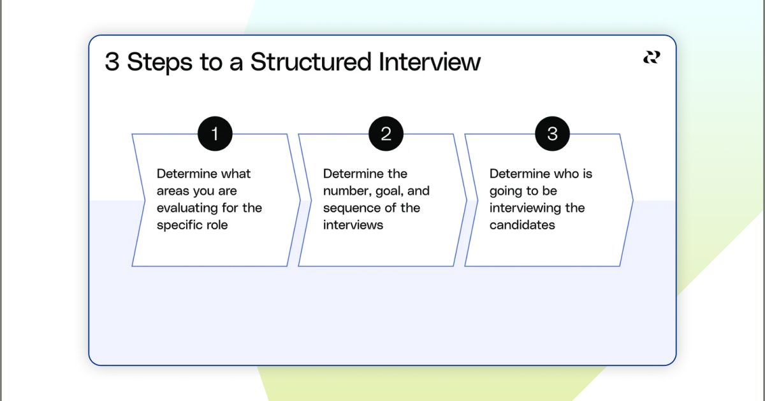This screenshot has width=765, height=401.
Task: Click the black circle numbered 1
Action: (x=215, y=134)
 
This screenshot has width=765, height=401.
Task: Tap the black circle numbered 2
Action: (x=386, y=134)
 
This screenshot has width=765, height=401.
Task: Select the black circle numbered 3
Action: (x=552, y=134)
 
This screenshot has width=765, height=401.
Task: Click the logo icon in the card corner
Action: (x=651, y=58)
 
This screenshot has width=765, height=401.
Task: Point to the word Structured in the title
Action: (x=310, y=62)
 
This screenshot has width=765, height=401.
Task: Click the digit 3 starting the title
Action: (x=112, y=62)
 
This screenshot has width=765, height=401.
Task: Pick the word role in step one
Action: (x=216, y=225)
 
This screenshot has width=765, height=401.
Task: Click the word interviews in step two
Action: (x=353, y=225)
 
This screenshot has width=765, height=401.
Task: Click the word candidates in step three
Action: (x=522, y=225)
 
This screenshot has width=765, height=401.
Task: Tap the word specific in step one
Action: (x=177, y=225)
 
